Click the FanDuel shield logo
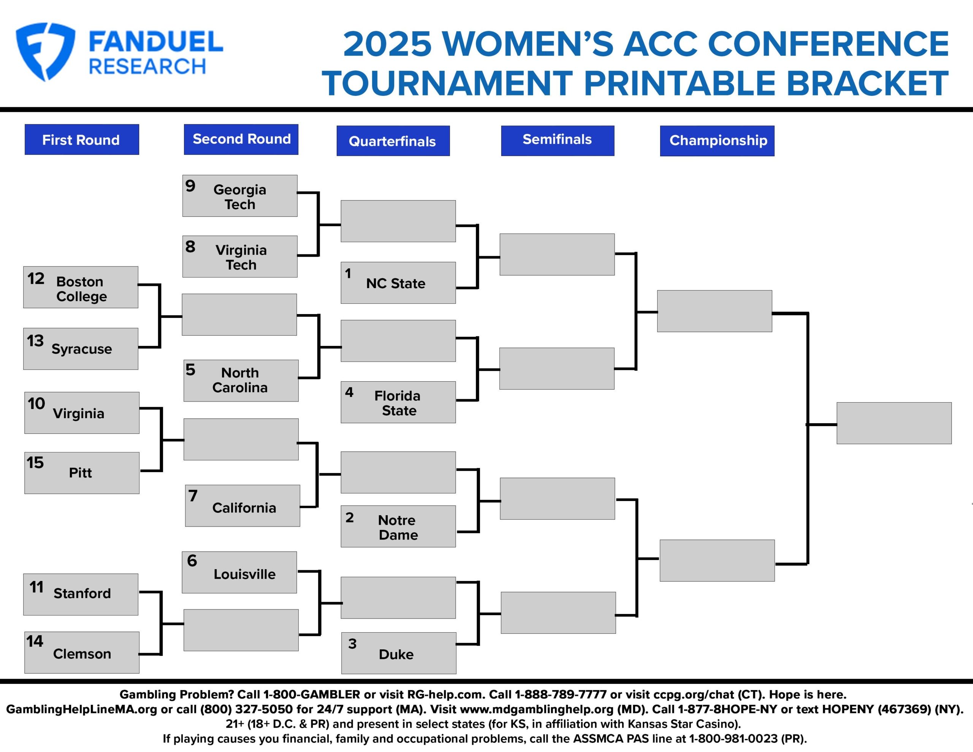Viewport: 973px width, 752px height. (46, 52)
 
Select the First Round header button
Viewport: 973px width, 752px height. (82, 140)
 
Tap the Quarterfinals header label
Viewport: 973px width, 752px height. (393, 141)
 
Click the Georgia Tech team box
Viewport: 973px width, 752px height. (240, 196)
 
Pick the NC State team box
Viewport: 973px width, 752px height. (398, 282)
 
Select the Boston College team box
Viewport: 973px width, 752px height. (81, 287)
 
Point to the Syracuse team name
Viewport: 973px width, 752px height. (82, 349)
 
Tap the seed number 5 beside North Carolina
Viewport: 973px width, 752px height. (190, 370)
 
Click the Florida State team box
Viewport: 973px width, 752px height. (398, 402)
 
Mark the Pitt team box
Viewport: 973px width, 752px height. (82, 473)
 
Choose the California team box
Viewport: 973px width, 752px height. (242, 506)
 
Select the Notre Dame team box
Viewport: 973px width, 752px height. (398, 527)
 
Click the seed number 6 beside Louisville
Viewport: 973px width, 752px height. (192, 560)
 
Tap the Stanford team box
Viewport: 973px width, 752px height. (81, 595)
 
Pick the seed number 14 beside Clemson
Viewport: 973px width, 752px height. (34, 641)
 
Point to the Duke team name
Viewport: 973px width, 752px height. (396, 654)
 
